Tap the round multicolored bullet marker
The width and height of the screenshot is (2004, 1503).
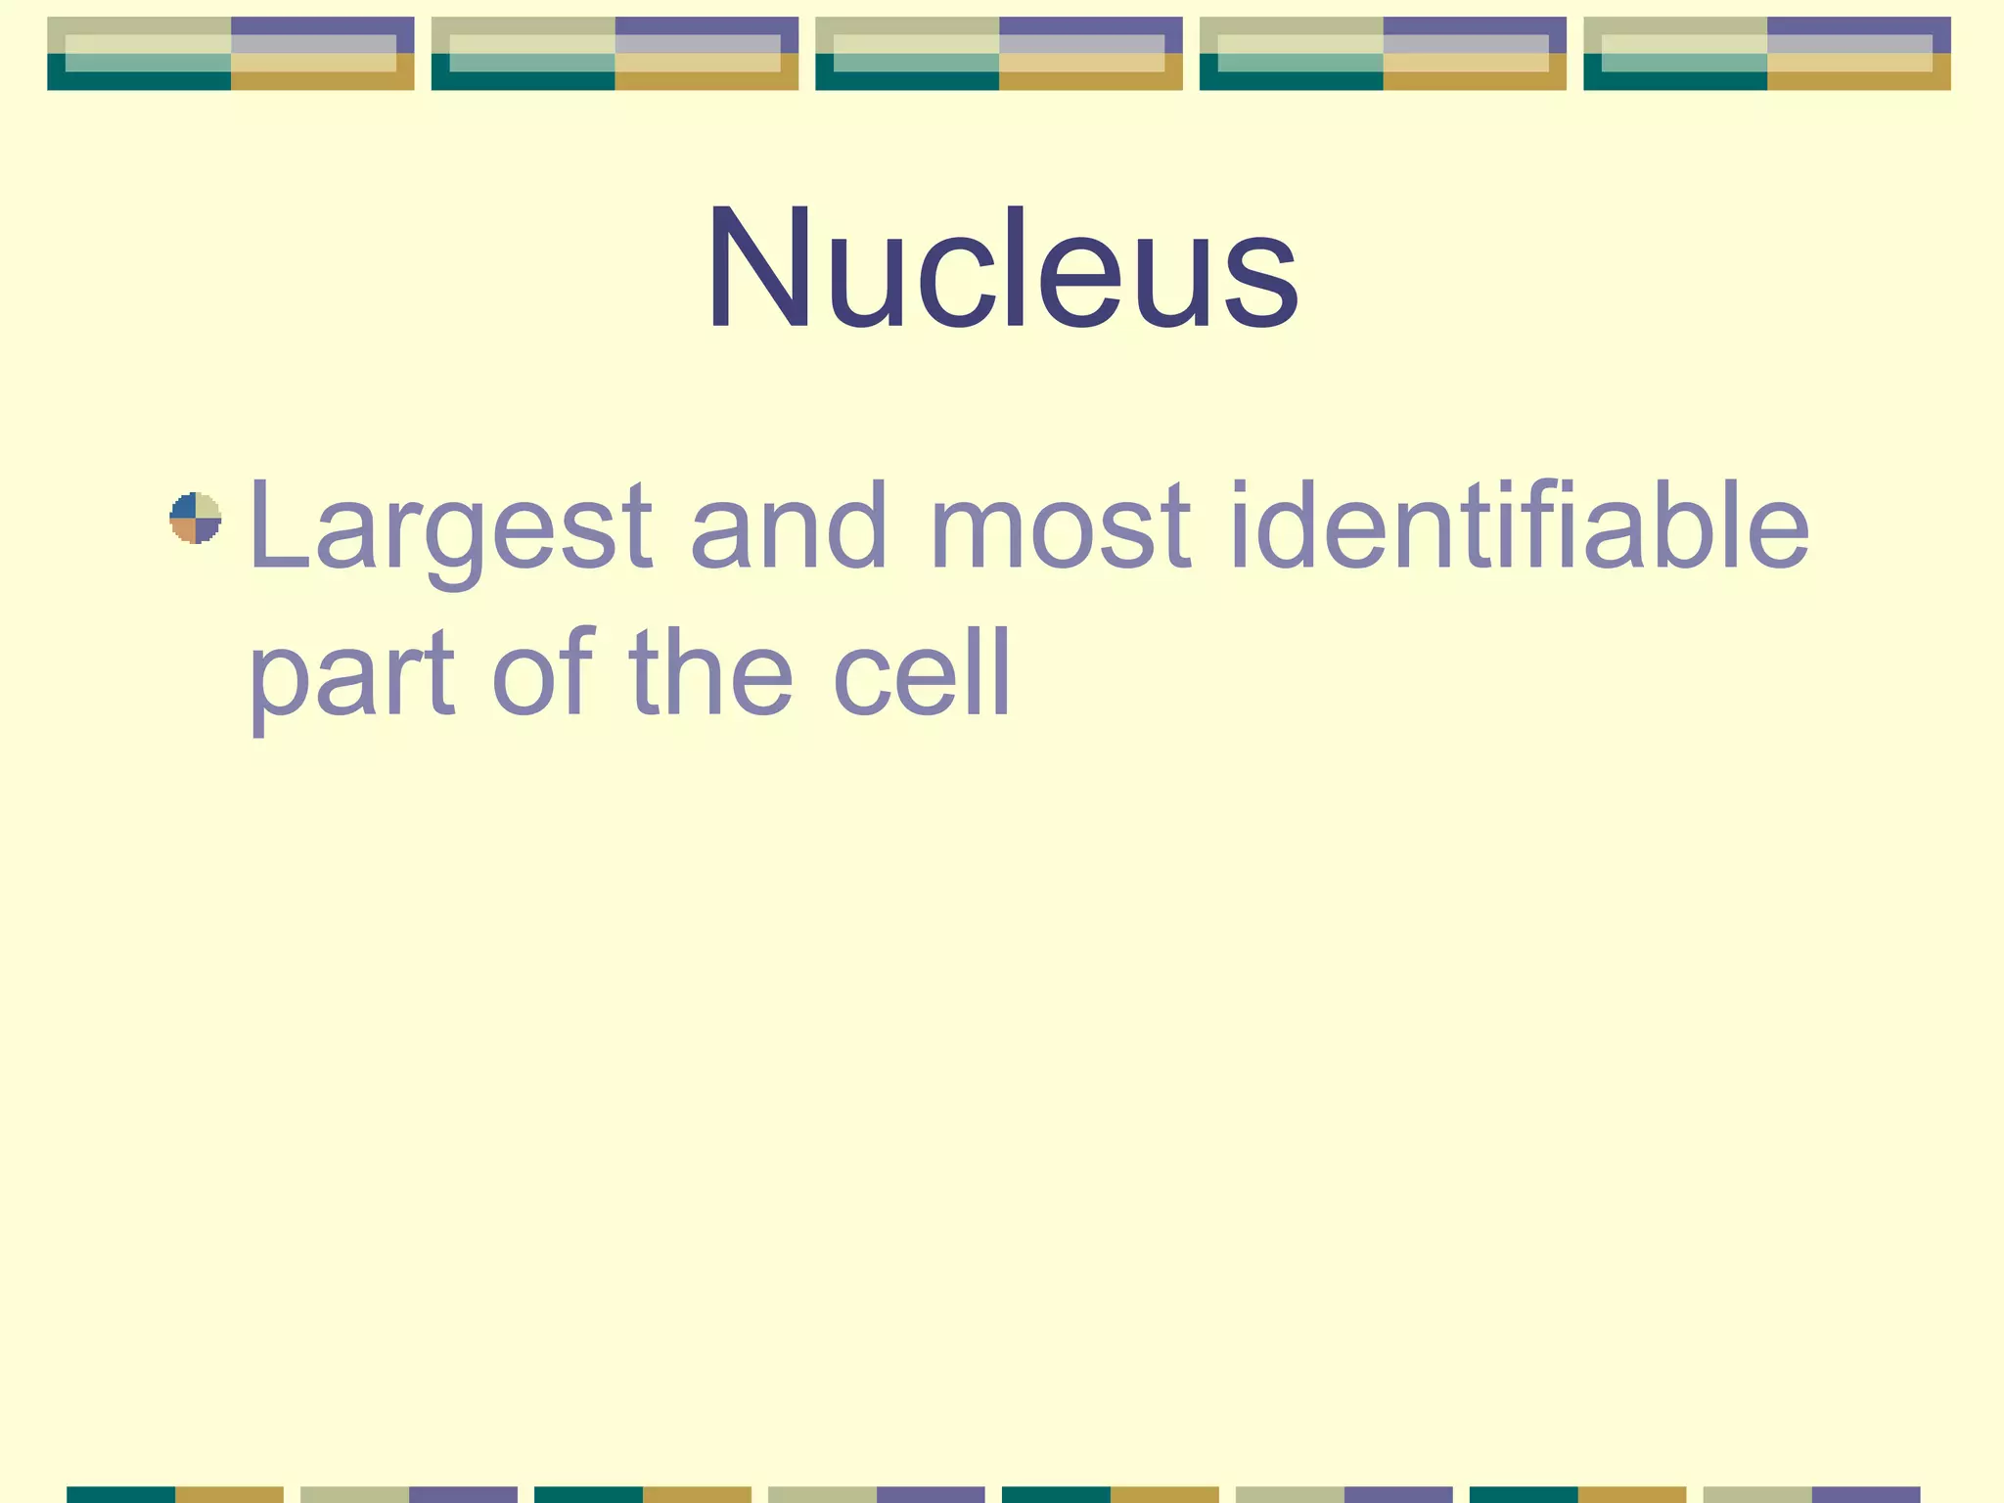[x=196, y=518]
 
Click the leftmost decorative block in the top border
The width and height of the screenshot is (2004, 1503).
[x=231, y=54]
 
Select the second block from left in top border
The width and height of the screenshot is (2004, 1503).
[x=615, y=54]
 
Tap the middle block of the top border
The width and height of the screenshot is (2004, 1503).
[x=999, y=54]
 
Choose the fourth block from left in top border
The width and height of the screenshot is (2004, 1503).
[x=1383, y=54]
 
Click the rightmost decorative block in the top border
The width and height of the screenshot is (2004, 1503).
[x=1767, y=54]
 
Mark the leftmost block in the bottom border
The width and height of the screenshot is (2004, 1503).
[x=175, y=1494]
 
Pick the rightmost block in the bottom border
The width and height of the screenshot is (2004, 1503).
[x=1812, y=1494]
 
